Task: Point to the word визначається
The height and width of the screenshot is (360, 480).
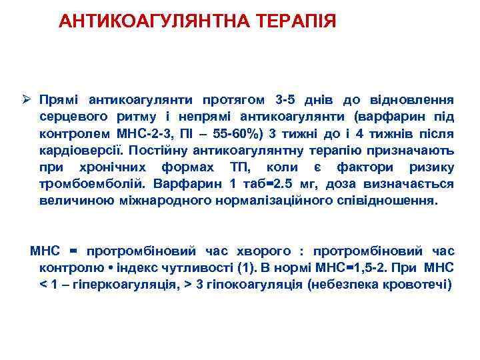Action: point(412,183)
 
